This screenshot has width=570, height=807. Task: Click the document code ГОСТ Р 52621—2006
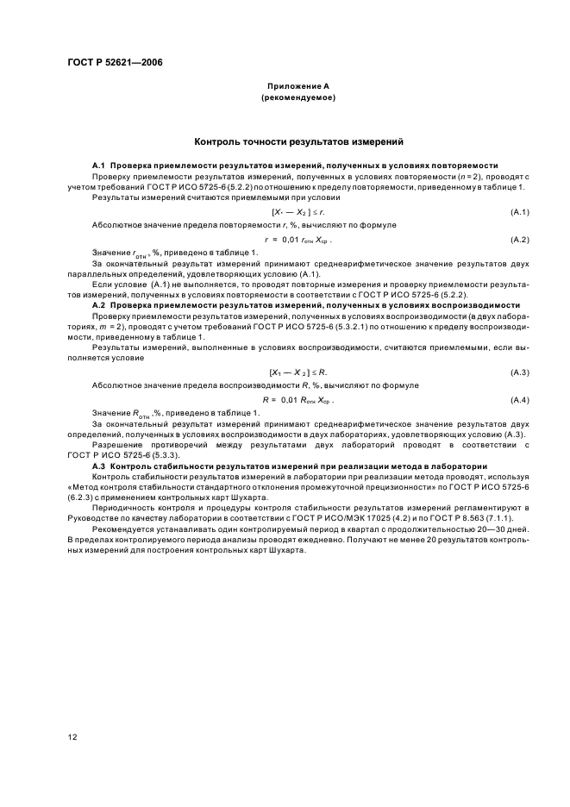click(114, 62)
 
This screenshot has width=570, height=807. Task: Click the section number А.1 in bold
click(98, 165)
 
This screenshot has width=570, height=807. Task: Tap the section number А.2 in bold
click(98, 305)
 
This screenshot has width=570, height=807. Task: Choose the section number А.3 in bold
click(98, 466)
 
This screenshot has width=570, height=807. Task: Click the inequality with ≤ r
click(298, 211)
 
